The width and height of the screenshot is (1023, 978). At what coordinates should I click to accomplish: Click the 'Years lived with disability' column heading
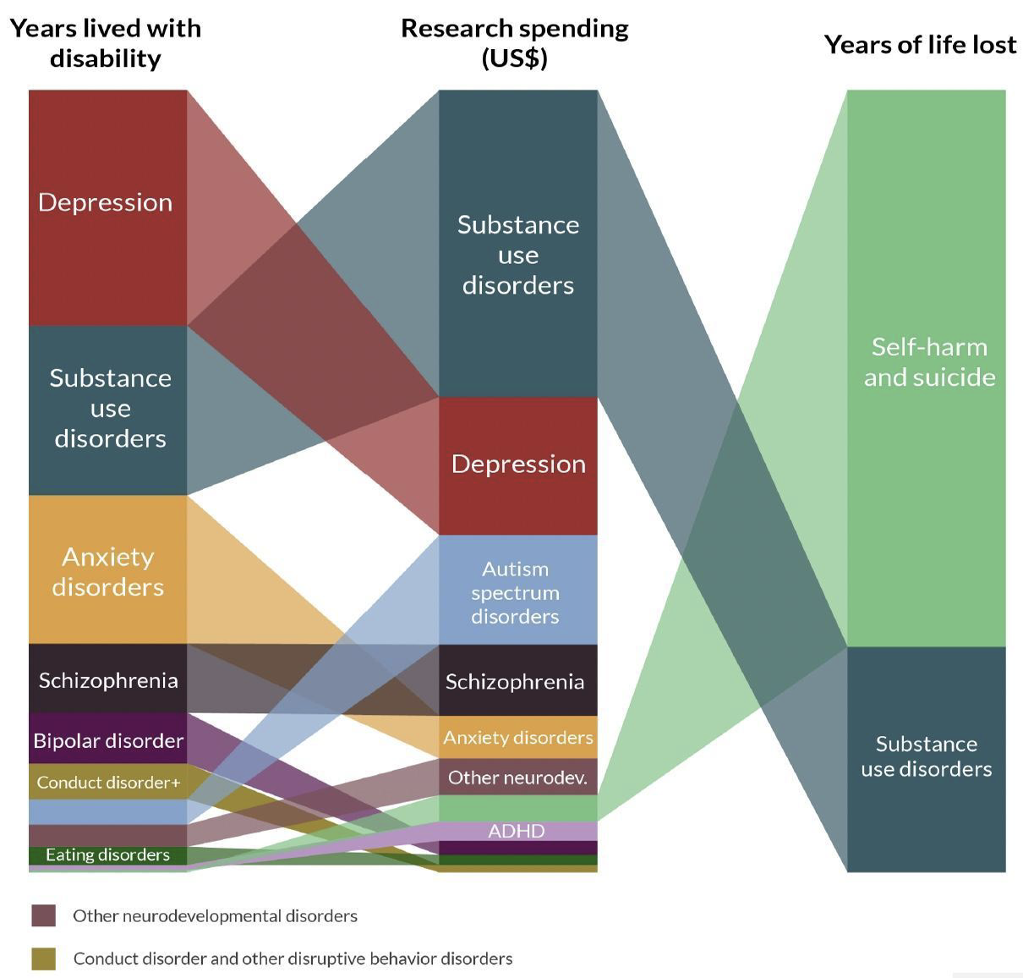[x=105, y=43]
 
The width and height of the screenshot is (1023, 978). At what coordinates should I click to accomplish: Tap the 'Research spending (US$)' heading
[x=514, y=43]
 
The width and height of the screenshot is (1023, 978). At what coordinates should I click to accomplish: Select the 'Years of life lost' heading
[x=920, y=44]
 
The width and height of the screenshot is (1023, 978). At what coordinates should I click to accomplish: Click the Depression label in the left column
[x=106, y=202]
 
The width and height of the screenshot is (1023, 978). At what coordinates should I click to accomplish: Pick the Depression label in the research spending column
[x=518, y=464]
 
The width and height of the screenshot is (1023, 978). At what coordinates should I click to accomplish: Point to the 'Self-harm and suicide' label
[x=929, y=361]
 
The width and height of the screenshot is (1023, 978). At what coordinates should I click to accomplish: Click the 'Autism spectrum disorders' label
[x=515, y=592]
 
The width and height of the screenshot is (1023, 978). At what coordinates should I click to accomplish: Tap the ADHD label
[x=517, y=831]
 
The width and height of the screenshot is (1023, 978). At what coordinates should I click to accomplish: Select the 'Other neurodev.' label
[x=517, y=777]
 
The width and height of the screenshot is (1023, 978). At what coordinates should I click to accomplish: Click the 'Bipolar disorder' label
[x=108, y=740]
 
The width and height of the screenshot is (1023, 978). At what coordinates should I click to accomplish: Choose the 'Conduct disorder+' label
[x=108, y=783]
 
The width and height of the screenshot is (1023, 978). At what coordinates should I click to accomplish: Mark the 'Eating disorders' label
[x=107, y=854]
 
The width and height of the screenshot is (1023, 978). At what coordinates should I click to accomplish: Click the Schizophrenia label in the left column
[x=108, y=680]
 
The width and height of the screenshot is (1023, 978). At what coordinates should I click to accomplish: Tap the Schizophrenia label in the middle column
[x=515, y=681]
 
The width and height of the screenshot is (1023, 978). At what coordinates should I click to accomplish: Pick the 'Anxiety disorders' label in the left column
[x=108, y=571]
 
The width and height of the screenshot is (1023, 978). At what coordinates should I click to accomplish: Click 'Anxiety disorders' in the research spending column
[x=518, y=738]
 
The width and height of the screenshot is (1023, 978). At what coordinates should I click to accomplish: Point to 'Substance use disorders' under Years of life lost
[x=927, y=755]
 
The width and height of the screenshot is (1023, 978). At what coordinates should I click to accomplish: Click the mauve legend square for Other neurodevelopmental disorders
[x=43, y=915]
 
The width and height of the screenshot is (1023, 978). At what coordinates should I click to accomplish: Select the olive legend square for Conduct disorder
[x=43, y=959]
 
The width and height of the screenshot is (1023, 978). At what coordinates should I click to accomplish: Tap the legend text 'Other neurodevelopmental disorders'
[x=215, y=915]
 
